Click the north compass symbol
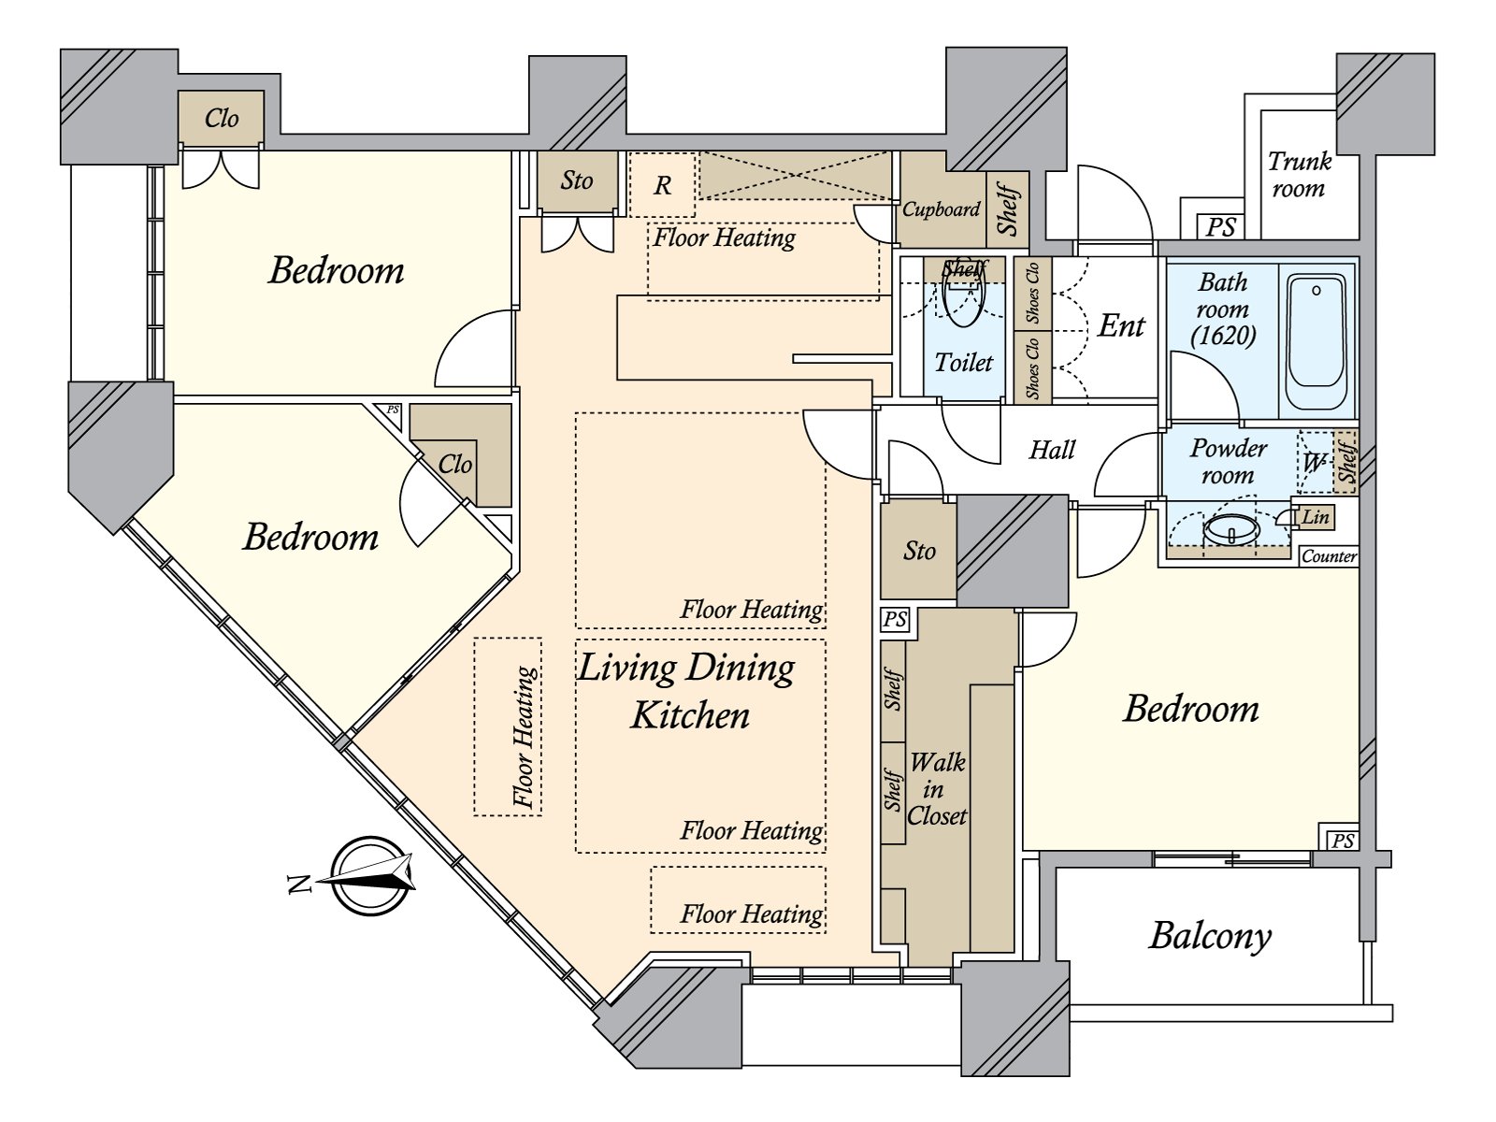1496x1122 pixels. pos(372,875)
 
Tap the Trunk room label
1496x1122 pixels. pos(1298,175)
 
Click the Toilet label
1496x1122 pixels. pos(964,363)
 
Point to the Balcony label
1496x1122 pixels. pos(1210,935)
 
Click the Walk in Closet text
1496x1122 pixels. pos(937,789)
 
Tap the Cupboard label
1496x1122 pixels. pos(941,209)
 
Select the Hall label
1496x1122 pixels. pos(1052,451)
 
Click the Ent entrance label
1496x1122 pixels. pos(1121,325)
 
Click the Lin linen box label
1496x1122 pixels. pos(1316,516)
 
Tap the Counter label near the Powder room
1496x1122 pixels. pos(1329,556)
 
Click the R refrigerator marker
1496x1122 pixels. pos(662,185)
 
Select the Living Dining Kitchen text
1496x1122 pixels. pos(687,691)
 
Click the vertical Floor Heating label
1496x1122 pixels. pos(525,737)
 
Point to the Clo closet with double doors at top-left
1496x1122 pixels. pos(222,119)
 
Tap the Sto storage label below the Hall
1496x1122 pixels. pos(919,551)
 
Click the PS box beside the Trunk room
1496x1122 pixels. pos(1220,226)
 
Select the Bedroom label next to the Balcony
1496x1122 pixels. pos(1190,709)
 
